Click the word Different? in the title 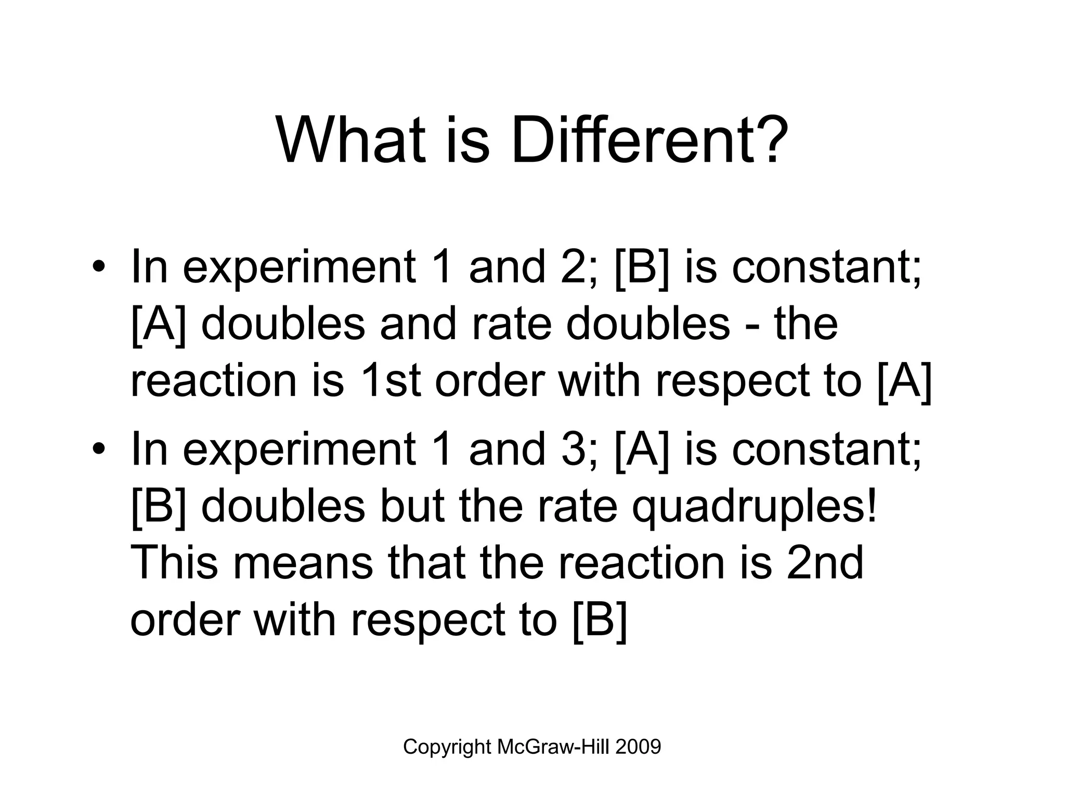click(x=650, y=140)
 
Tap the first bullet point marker click(x=98, y=267)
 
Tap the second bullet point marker click(x=98, y=450)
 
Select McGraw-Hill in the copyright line click(x=553, y=747)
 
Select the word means click(x=303, y=564)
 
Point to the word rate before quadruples click(x=577, y=507)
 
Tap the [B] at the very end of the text click(x=600, y=620)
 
